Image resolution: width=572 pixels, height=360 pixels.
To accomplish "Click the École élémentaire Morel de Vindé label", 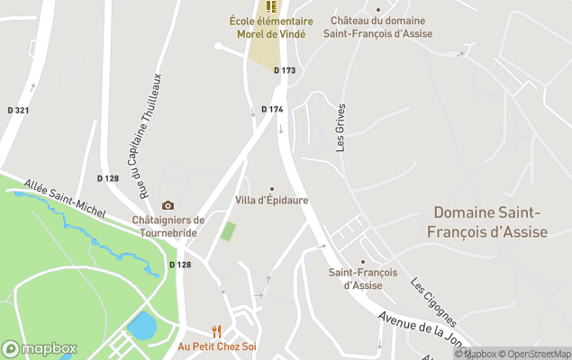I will [270, 28].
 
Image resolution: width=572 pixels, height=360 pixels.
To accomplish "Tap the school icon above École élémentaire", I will [270, 7].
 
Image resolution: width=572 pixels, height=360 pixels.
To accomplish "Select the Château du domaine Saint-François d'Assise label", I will [381, 27].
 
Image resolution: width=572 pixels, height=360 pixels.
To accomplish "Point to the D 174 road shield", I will [272, 109].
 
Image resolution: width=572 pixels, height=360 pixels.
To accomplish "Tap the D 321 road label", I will [17, 110].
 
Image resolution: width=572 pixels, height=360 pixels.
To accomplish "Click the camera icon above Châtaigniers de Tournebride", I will [168, 206].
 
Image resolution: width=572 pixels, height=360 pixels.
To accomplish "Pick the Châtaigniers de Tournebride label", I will [168, 225].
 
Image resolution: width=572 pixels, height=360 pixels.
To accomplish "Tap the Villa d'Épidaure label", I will [271, 199].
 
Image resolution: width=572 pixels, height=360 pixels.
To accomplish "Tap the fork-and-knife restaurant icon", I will [216, 330].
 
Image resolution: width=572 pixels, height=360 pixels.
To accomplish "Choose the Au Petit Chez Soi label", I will [216, 346].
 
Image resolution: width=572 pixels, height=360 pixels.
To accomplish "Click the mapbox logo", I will [40, 348].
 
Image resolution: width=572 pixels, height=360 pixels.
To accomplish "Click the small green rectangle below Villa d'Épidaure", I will [228, 230].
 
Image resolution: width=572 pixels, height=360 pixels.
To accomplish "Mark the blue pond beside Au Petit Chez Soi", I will [141, 325].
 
